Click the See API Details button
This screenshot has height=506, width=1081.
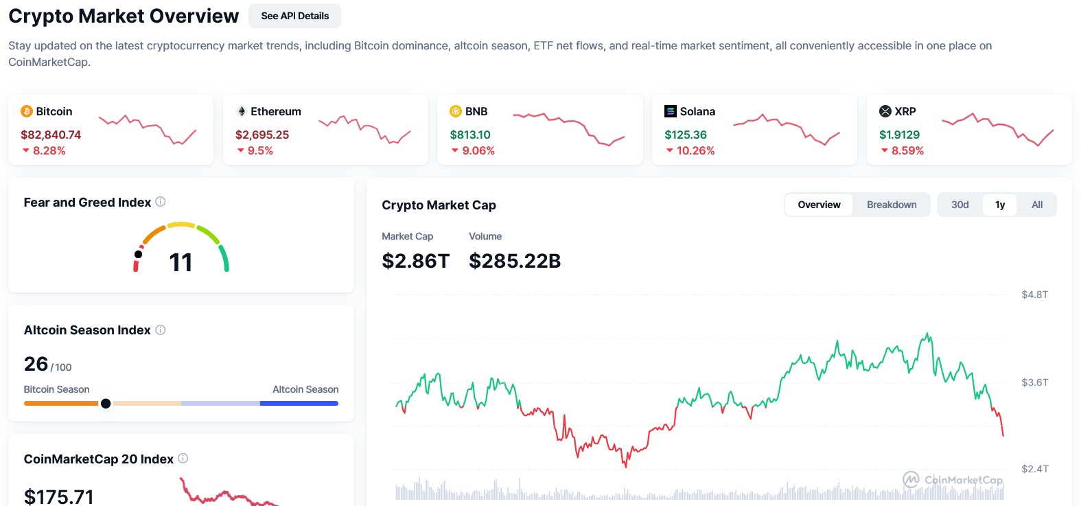pyautogui.click(x=294, y=16)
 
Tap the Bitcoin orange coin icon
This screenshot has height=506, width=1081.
pyautogui.click(x=27, y=111)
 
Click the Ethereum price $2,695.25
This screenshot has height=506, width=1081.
pyautogui.click(x=262, y=135)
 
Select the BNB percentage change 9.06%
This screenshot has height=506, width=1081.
pyautogui.click(x=478, y=150)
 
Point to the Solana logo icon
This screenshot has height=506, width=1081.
pyautogui.click(x=671, y=111)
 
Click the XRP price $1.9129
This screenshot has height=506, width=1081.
pyautogui.click(x=899, y=135)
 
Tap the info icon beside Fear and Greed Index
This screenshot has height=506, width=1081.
pyautogui.click(x=161, y=202)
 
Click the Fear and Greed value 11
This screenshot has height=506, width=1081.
pyautogui.click(x=181, y=262)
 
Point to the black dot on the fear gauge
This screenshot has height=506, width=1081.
pyautogui.click(x=139, y=254)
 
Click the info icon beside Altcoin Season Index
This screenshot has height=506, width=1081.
pyautogui.click(x=161, y=330)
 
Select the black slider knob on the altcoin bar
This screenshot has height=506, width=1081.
pyautogui.click(x=106, y=404)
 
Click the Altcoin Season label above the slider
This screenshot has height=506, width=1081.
pyautogui.click(x=305, y=389)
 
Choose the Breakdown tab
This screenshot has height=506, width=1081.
pyautogui.click(x=892, y=205)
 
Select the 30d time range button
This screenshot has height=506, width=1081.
pyautogui.click(x=960, y=205)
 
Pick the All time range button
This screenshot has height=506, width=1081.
pyautogui.click(x=1037, y=205)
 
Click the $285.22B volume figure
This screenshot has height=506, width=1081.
pyautogui.click(x=515, y=261)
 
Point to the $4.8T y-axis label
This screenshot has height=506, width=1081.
pyautogui.click(x=1034, y=295)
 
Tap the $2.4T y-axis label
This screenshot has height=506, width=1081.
pyautogui.click(x=1034, y=469)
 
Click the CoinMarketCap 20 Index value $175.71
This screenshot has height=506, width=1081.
pyautogui.click(x=59, y=496)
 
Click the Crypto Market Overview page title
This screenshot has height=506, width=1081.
pyautogui.click(x=124, y=16)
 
